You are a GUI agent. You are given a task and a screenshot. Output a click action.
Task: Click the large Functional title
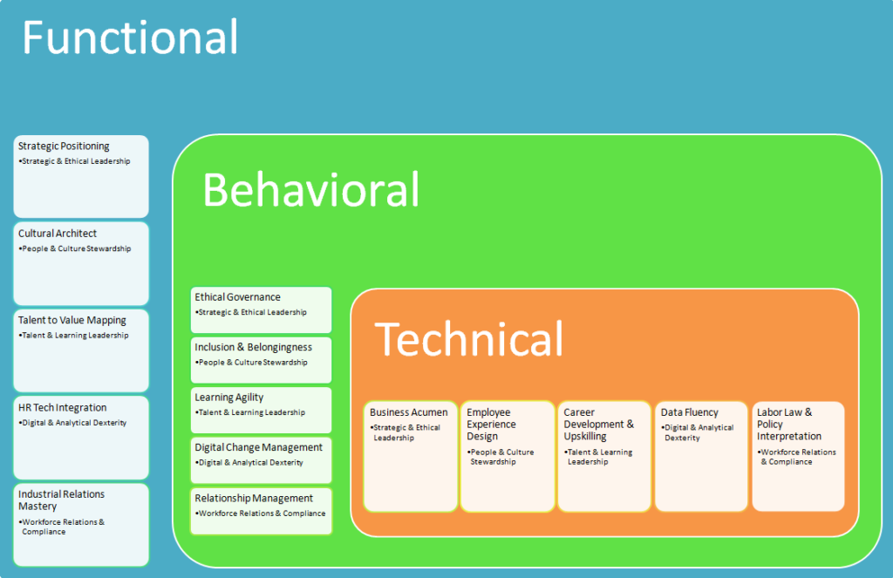tap(130, 38)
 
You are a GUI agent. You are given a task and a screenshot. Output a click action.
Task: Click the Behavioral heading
tap(310, 190)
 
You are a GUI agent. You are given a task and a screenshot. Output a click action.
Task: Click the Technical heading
tap(469, 338)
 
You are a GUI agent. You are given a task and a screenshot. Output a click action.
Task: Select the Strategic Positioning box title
tap(64, 146)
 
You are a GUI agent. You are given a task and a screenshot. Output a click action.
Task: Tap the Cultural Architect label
tap(58, 234)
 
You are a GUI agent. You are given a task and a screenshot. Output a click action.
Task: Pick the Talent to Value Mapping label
tap(72, 321)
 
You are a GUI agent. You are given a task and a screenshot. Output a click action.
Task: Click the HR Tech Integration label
tap(63, 408)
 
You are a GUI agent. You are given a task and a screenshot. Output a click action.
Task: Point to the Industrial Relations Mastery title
tap(61, 500)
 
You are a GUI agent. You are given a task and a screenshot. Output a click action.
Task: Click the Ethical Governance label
tap(237, 297)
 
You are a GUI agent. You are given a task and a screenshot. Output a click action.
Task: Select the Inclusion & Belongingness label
tap(253, 347)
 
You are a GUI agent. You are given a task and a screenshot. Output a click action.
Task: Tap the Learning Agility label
tap(228, 398)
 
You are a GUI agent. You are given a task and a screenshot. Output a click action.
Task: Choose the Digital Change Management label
tap(258, 447)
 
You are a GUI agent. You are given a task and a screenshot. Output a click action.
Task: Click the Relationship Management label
tap(254, 499)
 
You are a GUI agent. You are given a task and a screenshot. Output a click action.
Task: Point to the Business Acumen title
tap(408, 412)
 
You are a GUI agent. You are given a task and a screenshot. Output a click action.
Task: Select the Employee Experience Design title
tap(491, 425)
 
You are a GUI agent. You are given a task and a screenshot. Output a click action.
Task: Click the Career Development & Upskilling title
tap(598, 425)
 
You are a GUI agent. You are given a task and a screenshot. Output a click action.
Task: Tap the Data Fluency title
tap(689, 412)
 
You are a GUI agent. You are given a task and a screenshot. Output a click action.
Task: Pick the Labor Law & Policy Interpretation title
tap(788, 424)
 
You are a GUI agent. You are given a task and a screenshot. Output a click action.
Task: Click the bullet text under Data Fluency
tap(694, 432)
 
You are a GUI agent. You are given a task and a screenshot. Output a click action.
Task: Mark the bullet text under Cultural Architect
tap(76, 249)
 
